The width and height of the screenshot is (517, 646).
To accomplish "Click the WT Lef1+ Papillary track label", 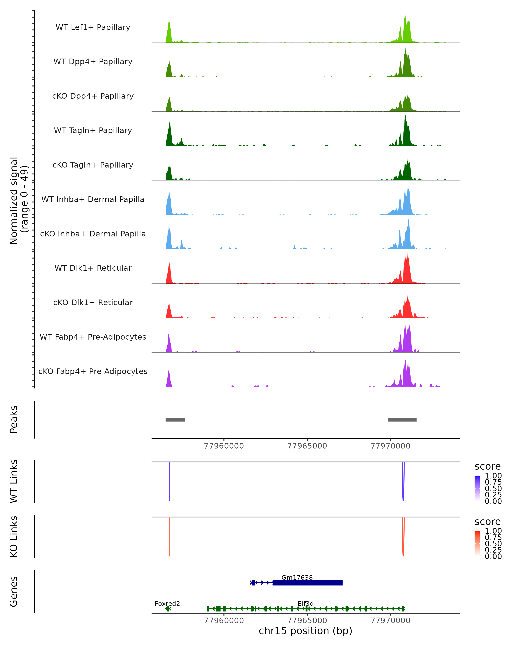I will pyautogui.click(x=93, y=27).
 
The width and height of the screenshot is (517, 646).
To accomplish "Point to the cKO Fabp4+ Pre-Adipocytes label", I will pyautogui.click(x=93, y=371).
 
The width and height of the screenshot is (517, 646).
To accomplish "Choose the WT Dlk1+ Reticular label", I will pyautogui.click(x=93, y=268).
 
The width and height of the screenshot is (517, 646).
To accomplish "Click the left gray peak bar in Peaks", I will pyautogui.click(x=175, y=419).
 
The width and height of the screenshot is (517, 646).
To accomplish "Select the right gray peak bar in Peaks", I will pyautogui.click(x=402, y=419).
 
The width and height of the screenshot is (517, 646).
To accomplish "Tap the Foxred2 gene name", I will pyautogui.click(x=167, y=603).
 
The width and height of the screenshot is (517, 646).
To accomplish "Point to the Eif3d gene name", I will pyautogui.click(x=305, y=603).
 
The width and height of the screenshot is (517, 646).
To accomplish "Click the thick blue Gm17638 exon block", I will pyautogui.click(x=308, y=582).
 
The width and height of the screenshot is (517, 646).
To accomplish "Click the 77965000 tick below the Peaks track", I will pyautogui.click(x=307, y=446).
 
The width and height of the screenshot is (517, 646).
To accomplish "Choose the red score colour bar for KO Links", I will pyautogui.click(x=477, y=543).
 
